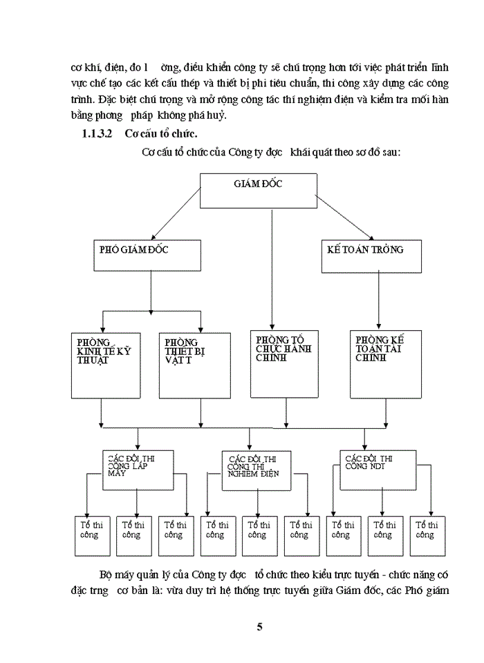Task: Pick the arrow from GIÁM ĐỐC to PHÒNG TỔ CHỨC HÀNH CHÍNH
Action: coord(272,269)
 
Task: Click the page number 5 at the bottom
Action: coord(259,627)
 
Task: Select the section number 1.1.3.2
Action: coord(97,132)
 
